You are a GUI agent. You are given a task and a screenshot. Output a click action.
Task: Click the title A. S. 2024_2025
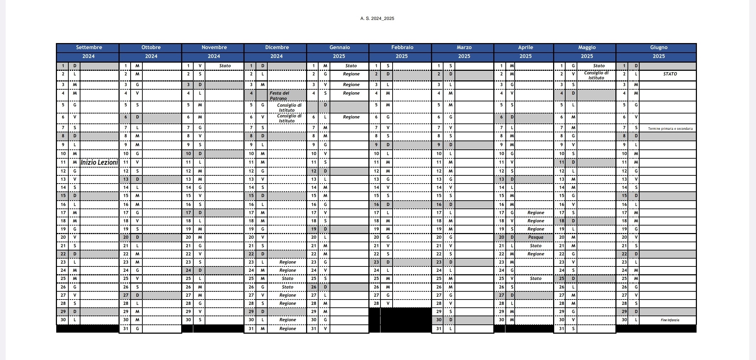coord(377,18)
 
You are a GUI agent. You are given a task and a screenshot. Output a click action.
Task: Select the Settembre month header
coord(89,47)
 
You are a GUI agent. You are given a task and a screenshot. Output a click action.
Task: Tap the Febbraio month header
coord(402,47)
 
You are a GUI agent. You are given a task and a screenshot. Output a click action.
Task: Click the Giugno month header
coord(658,47)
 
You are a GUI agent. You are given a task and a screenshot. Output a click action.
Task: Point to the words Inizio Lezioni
coord(99,163)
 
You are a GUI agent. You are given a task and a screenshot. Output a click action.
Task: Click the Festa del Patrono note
coord(279,96)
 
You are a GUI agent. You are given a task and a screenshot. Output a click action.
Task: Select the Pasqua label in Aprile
coord(536,237)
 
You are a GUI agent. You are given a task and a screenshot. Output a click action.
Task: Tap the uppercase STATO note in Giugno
coord(670,74)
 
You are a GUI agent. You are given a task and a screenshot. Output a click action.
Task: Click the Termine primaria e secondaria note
coord(670,129)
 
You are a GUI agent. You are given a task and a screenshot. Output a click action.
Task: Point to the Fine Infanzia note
coord(670,320)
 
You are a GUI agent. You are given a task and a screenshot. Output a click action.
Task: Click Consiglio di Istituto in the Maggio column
coord(596,75)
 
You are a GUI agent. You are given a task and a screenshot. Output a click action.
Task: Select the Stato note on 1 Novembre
coord(225,66)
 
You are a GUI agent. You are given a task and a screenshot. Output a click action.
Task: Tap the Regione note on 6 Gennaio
coord(351,117)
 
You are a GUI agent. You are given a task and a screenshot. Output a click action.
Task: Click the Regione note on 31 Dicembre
coord(288,329)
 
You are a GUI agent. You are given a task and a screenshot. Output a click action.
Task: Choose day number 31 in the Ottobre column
coord(126,329)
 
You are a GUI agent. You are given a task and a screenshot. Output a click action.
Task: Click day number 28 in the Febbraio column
coord(376,303)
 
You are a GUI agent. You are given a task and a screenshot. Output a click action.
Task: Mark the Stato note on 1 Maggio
coord(599,66)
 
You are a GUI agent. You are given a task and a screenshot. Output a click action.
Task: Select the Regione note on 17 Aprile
coord(536,213)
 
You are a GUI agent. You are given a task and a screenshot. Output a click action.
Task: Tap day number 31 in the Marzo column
coord(439,329)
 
